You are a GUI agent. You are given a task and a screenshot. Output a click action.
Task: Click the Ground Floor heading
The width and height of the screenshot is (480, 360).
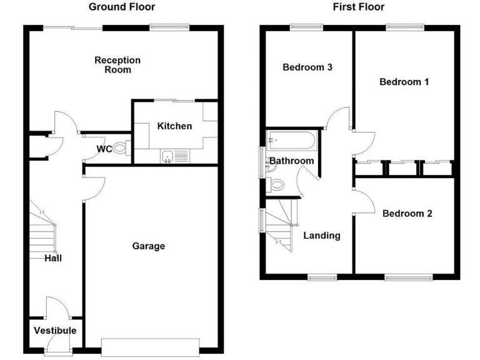coord(122,7)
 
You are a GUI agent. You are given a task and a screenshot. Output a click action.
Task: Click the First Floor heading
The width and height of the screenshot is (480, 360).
coord(358,7)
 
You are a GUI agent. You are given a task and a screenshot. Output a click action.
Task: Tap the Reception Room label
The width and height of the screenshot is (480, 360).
coord(117,65)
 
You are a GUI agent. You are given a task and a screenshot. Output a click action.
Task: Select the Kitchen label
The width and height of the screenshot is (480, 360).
coord(174,126)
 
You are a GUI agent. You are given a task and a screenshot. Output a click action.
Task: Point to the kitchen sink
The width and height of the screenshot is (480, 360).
coord(167,156)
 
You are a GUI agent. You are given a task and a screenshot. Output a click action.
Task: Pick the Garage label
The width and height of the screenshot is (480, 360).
coord(149,246)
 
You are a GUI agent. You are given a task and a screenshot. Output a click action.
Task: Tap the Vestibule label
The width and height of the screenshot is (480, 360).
coord(55,331)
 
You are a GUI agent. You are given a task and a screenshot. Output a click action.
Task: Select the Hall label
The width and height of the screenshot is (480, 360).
coord(53,257)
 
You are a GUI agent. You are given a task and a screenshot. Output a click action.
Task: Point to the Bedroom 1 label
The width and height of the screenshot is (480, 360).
coord(404,82)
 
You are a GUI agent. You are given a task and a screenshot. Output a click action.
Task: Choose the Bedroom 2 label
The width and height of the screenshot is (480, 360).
coord(407,214)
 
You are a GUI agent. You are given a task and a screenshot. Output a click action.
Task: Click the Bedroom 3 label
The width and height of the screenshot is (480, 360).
coord(307,67)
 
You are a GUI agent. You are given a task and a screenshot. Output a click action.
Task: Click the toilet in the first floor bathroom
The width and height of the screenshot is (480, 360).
coord(278,185)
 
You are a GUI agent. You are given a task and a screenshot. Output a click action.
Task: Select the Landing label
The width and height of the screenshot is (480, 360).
coord(322,236)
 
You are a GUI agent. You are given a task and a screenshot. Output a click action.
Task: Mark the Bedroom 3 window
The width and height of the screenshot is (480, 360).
coord(306,26)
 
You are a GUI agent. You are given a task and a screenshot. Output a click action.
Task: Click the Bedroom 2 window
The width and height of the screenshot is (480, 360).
coord(407,276)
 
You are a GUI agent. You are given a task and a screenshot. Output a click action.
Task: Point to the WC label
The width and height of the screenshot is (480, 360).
coord(104,149)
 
